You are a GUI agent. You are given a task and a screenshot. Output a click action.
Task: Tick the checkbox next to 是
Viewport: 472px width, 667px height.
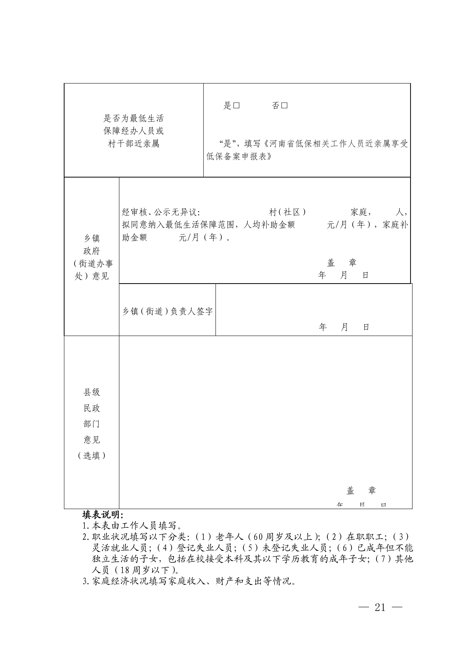point(236,105)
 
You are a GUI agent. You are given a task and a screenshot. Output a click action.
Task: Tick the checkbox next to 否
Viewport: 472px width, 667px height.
point(285,105)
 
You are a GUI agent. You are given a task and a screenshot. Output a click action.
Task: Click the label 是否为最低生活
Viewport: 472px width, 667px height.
point(133,118)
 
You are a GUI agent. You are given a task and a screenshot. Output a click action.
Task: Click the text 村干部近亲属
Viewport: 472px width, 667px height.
point(133,144)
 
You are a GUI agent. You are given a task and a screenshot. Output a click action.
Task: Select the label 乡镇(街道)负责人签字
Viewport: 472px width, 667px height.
point(167,311)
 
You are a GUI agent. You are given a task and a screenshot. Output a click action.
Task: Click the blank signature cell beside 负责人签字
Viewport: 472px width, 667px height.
point(314,305)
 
